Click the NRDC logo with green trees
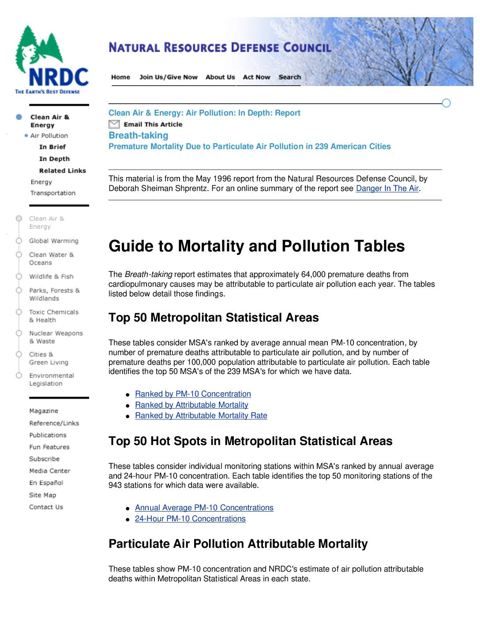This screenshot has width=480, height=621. pos(51,60)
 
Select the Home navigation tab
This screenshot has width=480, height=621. pos(120,77)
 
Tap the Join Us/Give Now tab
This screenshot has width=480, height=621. pos(169,77)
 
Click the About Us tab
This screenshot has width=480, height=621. pos(220,77)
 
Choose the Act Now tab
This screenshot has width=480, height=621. pos(256,77)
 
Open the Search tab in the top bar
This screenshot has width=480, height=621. pos(289,77)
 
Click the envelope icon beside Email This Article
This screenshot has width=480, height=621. pos(114,124)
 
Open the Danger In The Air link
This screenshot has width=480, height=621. pos(387,188)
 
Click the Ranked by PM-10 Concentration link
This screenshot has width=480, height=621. pos(193,394)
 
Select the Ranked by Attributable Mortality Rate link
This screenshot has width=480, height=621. pos(201,415)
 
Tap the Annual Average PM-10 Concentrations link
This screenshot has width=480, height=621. pos(204,508)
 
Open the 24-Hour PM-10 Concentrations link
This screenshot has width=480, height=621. pos(190,519)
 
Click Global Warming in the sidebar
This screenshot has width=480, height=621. pos(53,241)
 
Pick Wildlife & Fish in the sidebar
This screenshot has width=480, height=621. pos(51,277)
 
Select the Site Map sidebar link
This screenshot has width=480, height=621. pos(42,495)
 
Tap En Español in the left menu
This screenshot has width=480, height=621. pos(46,483)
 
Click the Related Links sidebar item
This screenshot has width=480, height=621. pos(62,171)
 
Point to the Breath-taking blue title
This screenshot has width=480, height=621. pos(138,135)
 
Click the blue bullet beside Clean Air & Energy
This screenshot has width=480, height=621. pos(19,117)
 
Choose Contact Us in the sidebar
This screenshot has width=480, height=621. pos(46,507)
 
